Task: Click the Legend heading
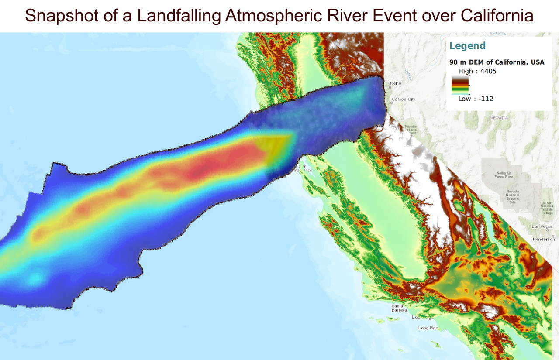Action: tap(467, 45)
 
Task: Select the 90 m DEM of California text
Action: tap(497, 62)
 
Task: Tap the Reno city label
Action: tap(395, 83)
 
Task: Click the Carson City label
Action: tap(403, 99)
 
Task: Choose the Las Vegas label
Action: tap(542, 227)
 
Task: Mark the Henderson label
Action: tap(543, 240)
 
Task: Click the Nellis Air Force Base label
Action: tap(504, 175)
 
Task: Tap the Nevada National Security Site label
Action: tap(513, 197)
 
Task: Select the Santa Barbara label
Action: tap(399, 308)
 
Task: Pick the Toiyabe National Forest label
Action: tap(411, 130)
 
